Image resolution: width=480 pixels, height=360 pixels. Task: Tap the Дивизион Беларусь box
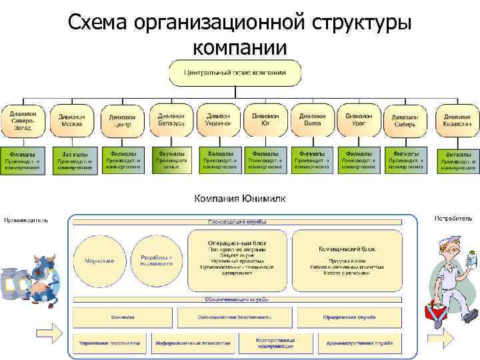point(171,118)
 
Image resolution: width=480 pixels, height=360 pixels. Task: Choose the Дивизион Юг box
point(266,118)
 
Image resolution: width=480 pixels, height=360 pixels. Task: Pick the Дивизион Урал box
point(359,118)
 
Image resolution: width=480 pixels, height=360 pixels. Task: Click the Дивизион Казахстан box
point(457,119)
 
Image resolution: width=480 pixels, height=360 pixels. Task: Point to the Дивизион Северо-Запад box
point(23,118)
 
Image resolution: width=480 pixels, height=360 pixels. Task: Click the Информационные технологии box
point(193,343)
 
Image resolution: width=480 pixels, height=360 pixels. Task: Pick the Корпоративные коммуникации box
point(275,343)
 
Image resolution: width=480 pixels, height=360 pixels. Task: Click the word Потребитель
point(453,218)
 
